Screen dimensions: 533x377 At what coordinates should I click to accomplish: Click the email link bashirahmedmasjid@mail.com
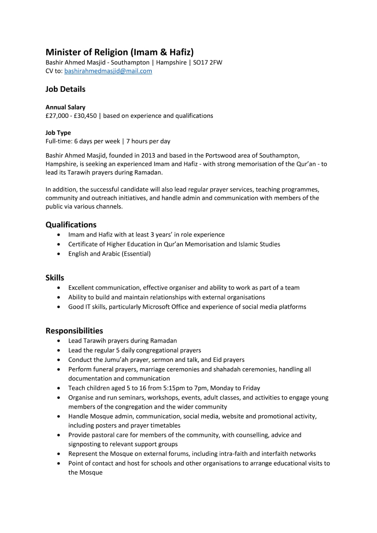(x=108, y=71)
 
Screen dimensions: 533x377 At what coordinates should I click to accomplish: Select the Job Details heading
(x=65, y=89)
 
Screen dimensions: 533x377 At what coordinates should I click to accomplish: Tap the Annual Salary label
(x=65, y=107)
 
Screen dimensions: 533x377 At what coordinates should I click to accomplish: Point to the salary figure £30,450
(x=85, y=116)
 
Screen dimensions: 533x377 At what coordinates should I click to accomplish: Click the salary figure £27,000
(x=57, y=116)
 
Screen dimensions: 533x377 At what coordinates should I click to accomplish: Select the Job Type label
(x=58, y=133)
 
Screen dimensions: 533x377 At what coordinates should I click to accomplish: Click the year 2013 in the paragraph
(x=148, y=156)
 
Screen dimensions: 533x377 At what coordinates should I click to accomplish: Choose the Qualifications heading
(x=71, y=225)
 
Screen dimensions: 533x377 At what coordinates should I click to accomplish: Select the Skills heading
(x=55, y=278)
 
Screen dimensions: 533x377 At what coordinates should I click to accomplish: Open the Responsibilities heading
(x=74, y=331)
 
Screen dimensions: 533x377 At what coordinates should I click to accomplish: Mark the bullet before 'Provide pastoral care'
(x=59, y=435)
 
